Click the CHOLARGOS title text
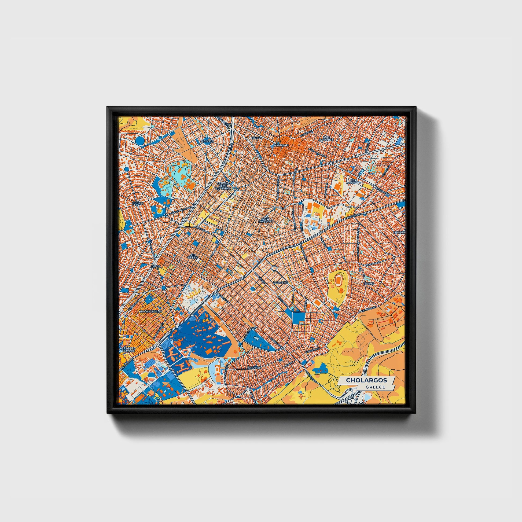tap(366, 380)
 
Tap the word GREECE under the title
tap(375, 387)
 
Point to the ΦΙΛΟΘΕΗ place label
tap(207, 141)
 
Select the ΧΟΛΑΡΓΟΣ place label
tap(281, 283)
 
